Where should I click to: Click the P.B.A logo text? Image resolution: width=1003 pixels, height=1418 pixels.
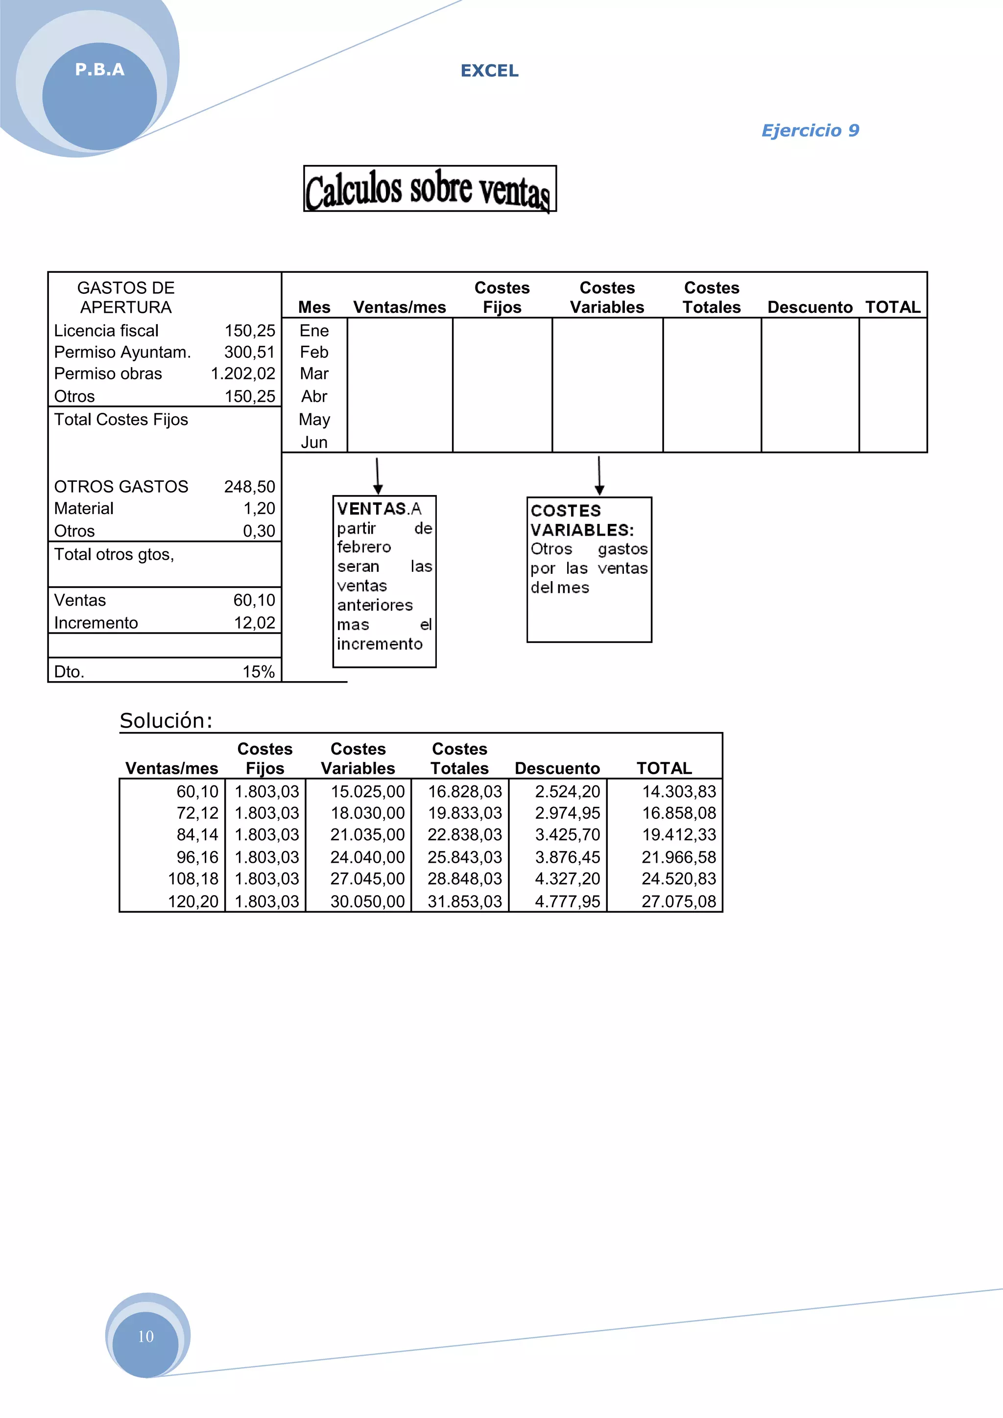coord(99,70)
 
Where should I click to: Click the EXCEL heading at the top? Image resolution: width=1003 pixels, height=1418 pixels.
coord(489,71)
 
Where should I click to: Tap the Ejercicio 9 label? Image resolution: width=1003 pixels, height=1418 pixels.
coord(810,130)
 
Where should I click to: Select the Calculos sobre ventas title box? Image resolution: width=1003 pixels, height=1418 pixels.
coord(430,189)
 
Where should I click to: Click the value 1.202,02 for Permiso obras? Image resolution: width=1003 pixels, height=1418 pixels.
coord(243,374)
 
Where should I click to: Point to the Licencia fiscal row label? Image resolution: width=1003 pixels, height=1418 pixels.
coord(106,331)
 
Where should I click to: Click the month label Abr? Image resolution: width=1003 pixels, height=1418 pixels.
coord(314,396)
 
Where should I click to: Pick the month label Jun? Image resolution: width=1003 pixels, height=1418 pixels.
coord(314,442)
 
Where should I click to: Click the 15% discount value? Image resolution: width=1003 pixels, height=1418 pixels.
coord(258,671)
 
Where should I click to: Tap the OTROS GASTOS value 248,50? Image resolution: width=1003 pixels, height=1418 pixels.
coord(249,487)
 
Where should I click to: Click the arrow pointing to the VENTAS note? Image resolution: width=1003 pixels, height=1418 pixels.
coord(378,475)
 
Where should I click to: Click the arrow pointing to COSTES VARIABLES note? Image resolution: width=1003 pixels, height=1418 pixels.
coord(599,475)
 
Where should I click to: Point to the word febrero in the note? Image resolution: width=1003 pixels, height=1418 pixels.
coord(364,547)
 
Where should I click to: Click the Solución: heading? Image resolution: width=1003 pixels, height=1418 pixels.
coord(166,721)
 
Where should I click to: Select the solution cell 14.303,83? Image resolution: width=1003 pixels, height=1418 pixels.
coord(678,791)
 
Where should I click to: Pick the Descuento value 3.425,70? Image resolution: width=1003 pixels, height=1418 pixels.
coord(567,834)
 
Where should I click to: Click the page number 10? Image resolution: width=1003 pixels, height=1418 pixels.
coord(146,1337)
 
